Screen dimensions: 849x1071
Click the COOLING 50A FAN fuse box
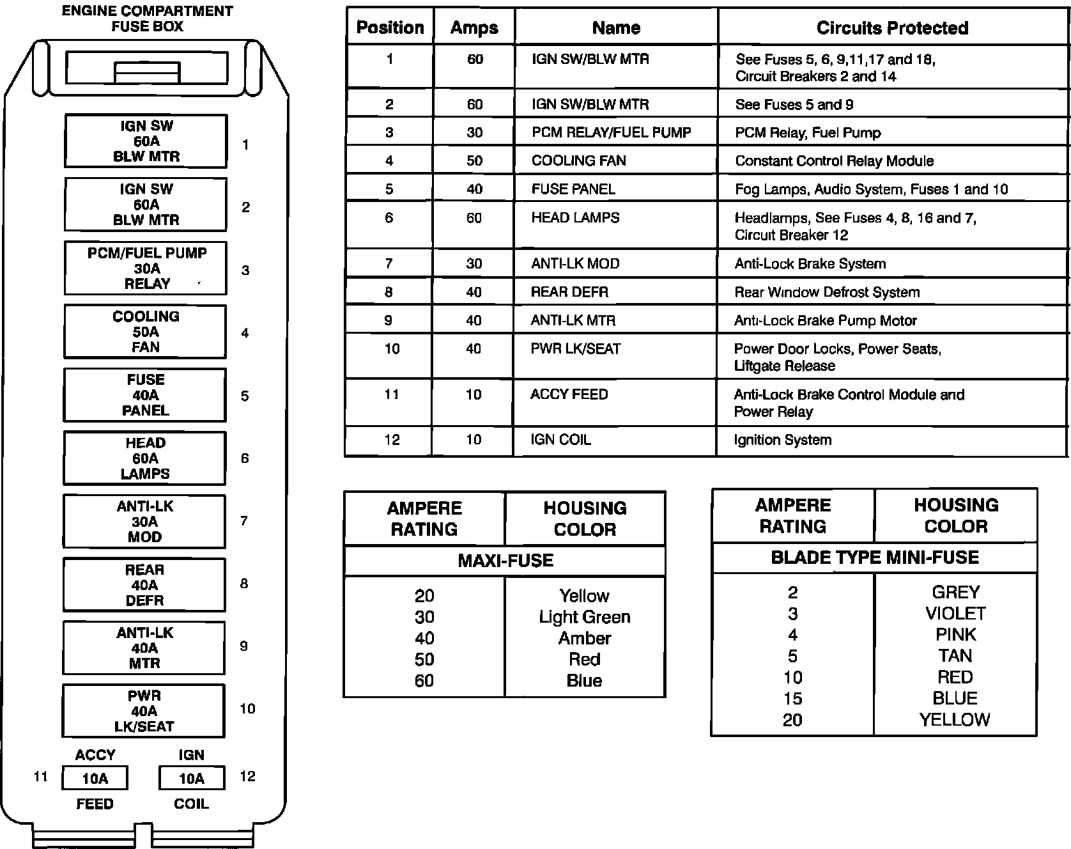pyautogui.click(x=145, y=332)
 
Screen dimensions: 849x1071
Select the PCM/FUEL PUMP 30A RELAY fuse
pyautogui.click(x=146, y=269)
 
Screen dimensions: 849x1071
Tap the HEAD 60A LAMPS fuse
pyautogui.click(x=144, y=458)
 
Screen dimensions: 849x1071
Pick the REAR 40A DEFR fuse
pyautogui.click(x=144, y=585)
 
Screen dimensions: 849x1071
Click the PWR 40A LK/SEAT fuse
pyautogui.click(x=143, y=711)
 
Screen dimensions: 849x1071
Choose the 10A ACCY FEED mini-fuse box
pyautogui.click(x=95, y=778)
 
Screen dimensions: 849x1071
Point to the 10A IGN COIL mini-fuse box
pyautogui.click(x=191, y=778)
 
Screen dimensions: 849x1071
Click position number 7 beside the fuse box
pyautogui.click(x=244, y=521)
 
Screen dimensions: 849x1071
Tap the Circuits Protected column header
pyautogui.click(x=892, y=28)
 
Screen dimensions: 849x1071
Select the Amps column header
pyautogui.click(x=474, y=28)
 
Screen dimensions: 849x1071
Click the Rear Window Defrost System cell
pyautogui.click(x=827, y=292)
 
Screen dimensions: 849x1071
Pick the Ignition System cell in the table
pyautogui.click(x=783, y=440)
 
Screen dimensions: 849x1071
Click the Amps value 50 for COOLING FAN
pyautogui.click(x=474, y=160)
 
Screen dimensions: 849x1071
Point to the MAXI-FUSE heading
pyautogui.click(x=505, y=561)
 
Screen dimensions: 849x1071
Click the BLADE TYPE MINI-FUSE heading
pyautogui.click(x=874, y=557)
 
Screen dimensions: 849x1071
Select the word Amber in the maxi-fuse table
pyautogui.click(x=584, y=638)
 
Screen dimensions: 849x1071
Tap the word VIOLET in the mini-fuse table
pyautogui.click(x=955, y=614)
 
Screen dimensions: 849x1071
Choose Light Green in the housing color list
pyautogui.click(x=584, y=617)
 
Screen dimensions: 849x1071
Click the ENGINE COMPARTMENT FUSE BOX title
pyautogui.click(x=147, y=19)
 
